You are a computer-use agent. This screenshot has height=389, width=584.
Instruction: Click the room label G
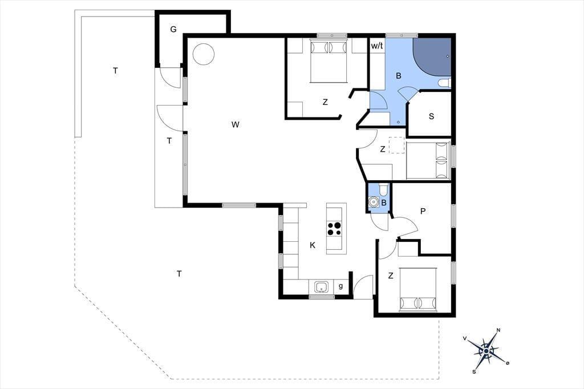173,29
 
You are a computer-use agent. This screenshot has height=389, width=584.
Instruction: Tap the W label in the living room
235,124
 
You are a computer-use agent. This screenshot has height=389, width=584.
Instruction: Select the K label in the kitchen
313,245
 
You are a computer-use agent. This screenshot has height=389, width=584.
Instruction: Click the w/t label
377,46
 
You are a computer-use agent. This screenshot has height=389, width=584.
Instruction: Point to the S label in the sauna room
431,116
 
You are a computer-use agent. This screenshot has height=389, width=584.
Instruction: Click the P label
423,211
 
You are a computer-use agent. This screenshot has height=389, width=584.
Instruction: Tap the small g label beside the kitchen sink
341,286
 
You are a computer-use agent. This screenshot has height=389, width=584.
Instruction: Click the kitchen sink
322,287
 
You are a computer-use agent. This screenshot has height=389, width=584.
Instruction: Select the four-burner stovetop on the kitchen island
334,228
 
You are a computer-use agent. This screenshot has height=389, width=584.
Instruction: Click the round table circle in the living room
204,54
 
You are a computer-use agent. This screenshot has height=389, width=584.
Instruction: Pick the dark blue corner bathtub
432,56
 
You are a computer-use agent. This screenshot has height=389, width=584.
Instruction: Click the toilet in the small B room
383,190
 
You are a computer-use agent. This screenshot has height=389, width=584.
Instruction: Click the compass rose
486,351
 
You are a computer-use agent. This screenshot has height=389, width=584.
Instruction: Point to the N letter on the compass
498,330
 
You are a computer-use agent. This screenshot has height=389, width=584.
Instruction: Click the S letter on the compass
474,371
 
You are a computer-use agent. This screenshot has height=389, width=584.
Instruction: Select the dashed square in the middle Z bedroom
397,145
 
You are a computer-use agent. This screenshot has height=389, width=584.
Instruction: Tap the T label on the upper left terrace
115,70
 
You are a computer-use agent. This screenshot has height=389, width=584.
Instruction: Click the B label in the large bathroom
399,76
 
